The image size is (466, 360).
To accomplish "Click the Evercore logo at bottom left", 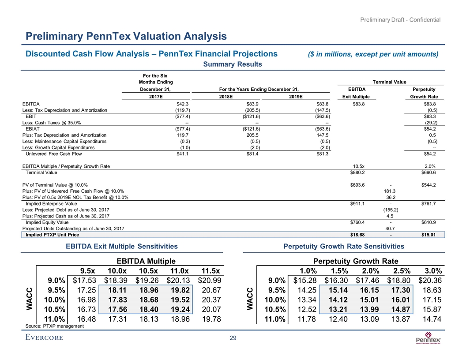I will coord(44,338).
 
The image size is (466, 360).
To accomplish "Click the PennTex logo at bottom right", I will coord(428,340).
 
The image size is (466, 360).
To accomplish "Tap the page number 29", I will coord(233,338).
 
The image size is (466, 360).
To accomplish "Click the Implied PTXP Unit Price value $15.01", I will coord(428,235).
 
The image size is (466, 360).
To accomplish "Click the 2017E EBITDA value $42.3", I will coord(183,104).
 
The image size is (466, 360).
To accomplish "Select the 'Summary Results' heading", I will coord(233,64).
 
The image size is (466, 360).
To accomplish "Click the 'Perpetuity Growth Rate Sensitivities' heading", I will coord(344,246).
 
